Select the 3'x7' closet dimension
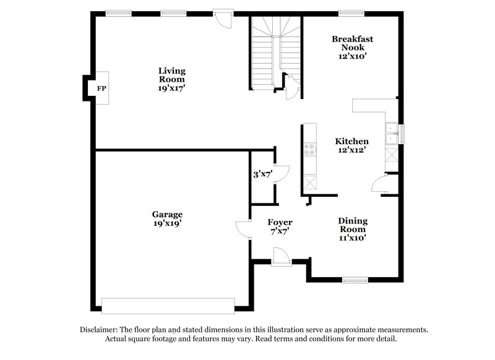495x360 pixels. tap(263, 174)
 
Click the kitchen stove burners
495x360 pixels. tap(309, 150)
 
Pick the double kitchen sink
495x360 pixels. tap(392, 134)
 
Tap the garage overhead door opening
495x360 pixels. tap(168, 305)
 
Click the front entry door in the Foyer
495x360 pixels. tap(280, 257)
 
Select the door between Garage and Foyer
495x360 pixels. tap(243, 229)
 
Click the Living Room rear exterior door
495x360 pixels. tap(223, 17)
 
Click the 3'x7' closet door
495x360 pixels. tap(280, 174)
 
